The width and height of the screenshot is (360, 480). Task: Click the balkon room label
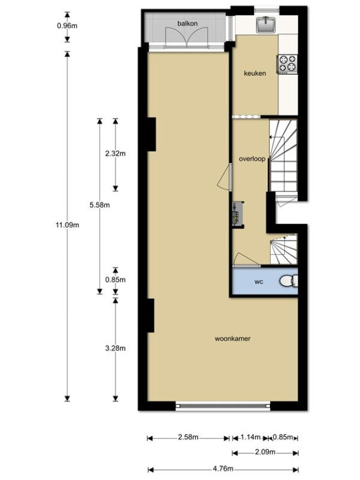[x=187, y=23]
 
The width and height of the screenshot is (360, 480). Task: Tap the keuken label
[x=254, y=73]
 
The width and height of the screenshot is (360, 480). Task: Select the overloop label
[x=252, y=159]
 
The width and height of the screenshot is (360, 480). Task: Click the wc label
[x=259, y=282]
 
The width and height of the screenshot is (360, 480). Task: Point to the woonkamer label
[x=233, y=338]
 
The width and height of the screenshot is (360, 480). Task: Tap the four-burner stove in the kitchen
[x=287, y=64]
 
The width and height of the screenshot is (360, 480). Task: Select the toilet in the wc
[x=289, y=281]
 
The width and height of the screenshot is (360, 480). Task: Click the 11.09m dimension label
[x=67, y=225]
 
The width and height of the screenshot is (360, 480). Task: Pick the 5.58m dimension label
[x=100, y=205]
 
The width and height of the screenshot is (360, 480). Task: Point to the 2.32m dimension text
[x=115, y=154]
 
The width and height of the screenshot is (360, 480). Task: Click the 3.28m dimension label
[x=115, y=348]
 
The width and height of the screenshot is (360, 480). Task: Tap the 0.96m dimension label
[x=67, y=26]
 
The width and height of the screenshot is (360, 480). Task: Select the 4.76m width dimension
[x=223, y=469]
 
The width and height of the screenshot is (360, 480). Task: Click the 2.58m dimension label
[x=188, y=437]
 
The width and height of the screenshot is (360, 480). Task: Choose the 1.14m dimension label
[x=250, y=437]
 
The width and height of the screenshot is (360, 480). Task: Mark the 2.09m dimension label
[x=265, y=452]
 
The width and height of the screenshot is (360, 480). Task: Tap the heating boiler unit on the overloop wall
[x=238, y=214]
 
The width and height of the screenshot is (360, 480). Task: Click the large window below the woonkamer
[x=223, y=406]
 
